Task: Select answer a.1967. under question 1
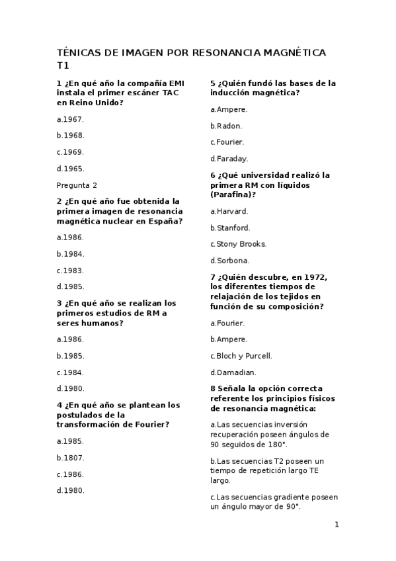pyautogui.click(x=70, y=120)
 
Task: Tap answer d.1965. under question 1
pyautogui.click(x=70, y=169)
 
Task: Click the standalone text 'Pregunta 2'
pyautogui.click(x=77, y=185)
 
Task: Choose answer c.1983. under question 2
pyautogui.click(x=70, y=271)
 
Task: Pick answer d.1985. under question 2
pyautogui.click(x=70, y=287)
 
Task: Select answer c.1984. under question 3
pyautogui.click(x=70, y=372)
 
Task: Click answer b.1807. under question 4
pyautogui.click(x=70, y=458)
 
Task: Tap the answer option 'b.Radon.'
pyautogui.click(x=226, y=126)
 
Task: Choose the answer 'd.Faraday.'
pyautogui.click(x=229, y=159)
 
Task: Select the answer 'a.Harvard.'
pyautogui.click(x=229, y=211)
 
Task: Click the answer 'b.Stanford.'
pyautogui.click(x=230, y=228)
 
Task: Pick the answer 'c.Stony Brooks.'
pyautogui.click(x=239, y=244)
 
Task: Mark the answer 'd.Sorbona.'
pyautogui.click(x=230, y=261)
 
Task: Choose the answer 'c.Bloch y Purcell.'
pyautogui.click(x=241, y=356)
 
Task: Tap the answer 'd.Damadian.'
pyautogui.click(x=233, y=372)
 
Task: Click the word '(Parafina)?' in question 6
pyautogui.click(x=233, y=195)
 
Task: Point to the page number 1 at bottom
pyautogui.click(x=337, y=525)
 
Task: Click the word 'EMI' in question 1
pyautogui.click(x=177, y=83)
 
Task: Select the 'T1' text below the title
pyautogui.click(x=63, y=65)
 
